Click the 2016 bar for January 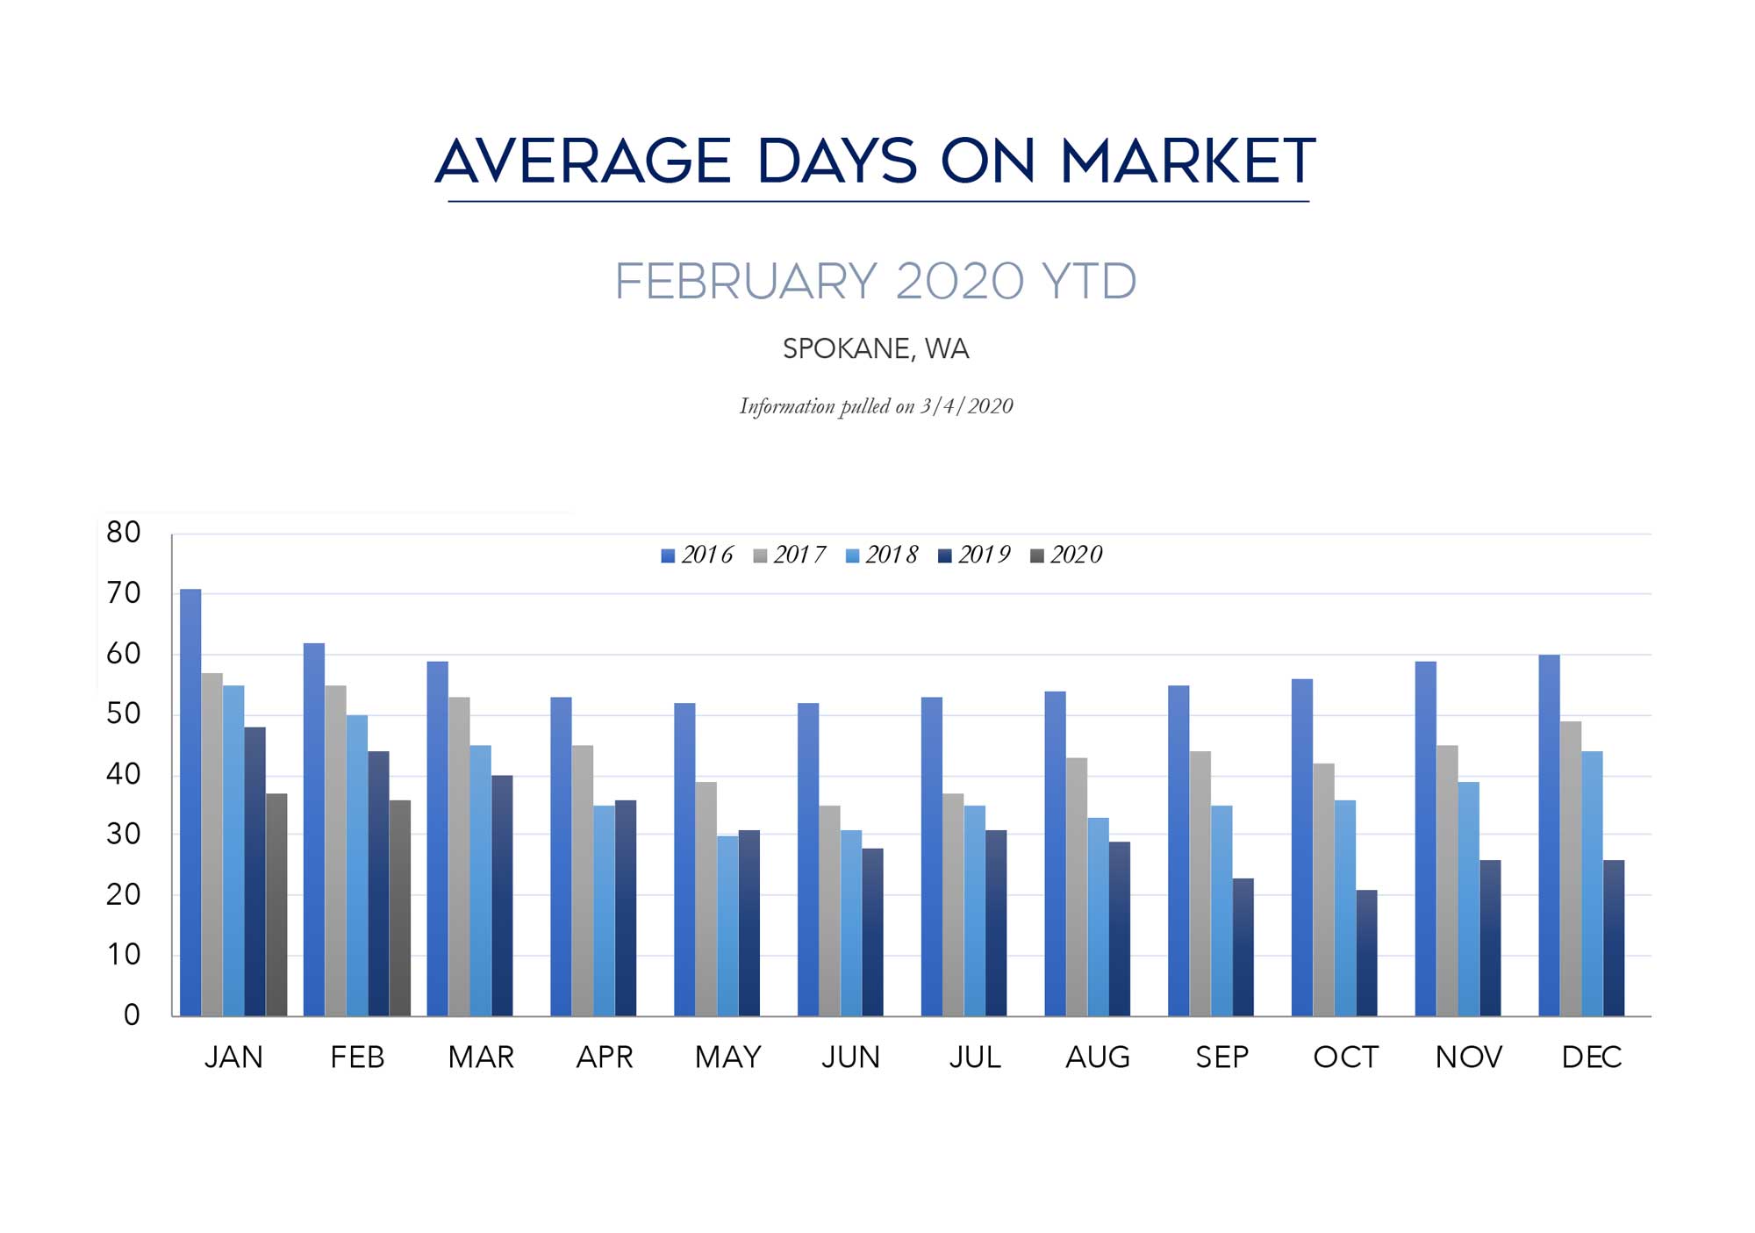[x=190, y=802]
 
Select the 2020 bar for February [x=400, y=907]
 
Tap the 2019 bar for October [x=1366, y=953]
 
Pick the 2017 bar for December [x=1571, y=869]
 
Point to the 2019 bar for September [x=1243, y=947]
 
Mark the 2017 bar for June [x=829, y=911]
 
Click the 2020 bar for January [x=276, y=905]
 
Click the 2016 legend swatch [x=668, y=556]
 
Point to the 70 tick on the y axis [x=124, y=593]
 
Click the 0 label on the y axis [x=132, y=1015]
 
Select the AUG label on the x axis [x=1098, y=1057]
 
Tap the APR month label [x=605, y=1057]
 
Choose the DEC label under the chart [x=1592, y=1057]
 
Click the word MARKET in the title [x=1188, y=161]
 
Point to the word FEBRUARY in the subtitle [x=746, y=282]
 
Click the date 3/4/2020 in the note [x=966, y=406]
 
